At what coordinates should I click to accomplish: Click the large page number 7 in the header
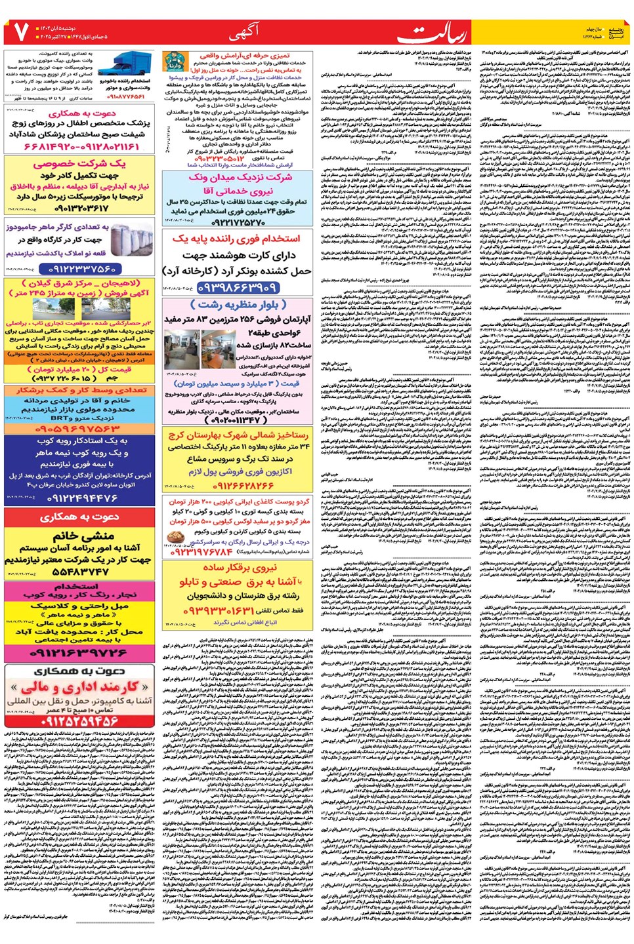click(x=20, y=31)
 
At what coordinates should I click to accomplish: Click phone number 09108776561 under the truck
click(x=126, y=97)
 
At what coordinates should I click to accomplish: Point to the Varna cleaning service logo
click(x=173, y=63)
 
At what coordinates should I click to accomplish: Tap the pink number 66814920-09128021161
click(x=81, y=145)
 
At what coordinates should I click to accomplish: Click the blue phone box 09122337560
click(x=82, y=269)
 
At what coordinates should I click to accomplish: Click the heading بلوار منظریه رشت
click(x=238, y=305)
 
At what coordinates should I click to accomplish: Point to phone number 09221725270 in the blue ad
click(x=238, y=222)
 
